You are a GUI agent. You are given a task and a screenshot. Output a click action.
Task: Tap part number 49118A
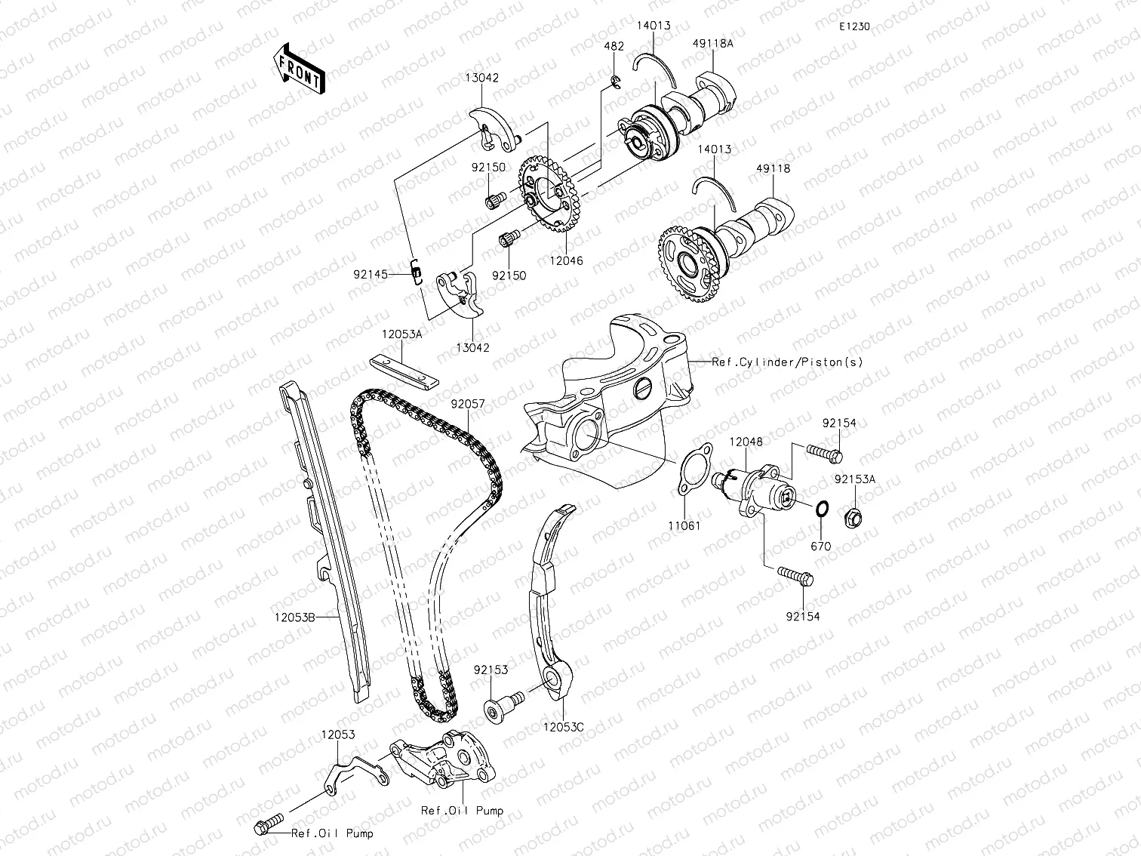(712, 44)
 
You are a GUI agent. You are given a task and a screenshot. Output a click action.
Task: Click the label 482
(614, 46)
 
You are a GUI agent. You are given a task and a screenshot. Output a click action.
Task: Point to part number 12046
(567, 260)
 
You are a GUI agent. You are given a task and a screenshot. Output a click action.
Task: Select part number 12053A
(401, 334)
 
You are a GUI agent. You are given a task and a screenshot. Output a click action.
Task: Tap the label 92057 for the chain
(468, 404)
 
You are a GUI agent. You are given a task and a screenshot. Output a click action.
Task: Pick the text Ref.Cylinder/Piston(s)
(787, 362)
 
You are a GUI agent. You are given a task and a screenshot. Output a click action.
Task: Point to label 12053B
(294, 616)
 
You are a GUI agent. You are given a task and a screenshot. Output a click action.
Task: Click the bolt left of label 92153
(504, 705)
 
